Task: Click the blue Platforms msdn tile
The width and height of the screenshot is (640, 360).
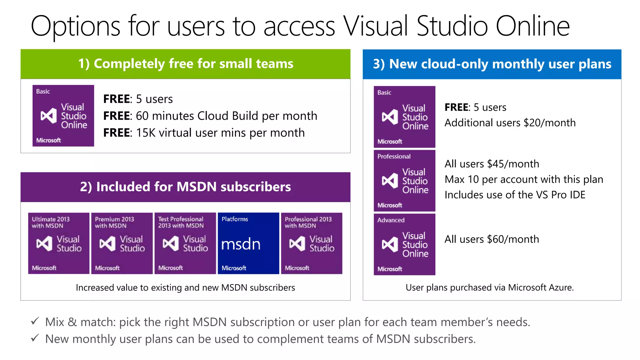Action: click(x=248, y=243)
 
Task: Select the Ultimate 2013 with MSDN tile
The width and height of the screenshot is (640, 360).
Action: click(x=59, y=243)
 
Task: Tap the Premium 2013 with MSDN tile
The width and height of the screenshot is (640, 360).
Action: click(x=122, y=243)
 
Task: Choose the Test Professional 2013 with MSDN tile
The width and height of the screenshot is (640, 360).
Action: click(x=185, y=243)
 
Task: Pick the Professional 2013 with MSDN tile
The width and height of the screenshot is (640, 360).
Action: click(x=312, y=243)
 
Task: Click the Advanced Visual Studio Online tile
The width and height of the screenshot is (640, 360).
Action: click(x=404, y=244)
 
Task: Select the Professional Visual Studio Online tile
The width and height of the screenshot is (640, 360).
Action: click(x=404, y=181)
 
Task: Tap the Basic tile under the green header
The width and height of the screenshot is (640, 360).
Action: click(x=63, y=116)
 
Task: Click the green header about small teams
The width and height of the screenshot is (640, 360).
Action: click(x=185, y=64)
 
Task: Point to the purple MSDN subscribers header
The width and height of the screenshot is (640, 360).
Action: click(x=185, y=187)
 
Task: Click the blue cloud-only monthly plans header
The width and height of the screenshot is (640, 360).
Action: click(x=492, y=64)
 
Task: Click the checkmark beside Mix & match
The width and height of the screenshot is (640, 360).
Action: click(x=35, y=321)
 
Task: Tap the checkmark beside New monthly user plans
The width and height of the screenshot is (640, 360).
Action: click(x=35, y=338)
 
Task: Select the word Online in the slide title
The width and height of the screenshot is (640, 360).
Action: click(x=532, y=26)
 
